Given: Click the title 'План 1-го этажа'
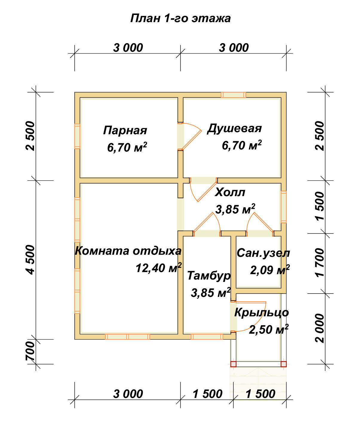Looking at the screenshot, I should click(x=180, y=18).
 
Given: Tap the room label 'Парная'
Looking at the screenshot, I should click(x=125, y=130).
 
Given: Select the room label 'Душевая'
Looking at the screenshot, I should click(x=235, y=128).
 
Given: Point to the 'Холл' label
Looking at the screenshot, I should click(x=230, y=192).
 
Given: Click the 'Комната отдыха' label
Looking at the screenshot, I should click(x=128, y=251).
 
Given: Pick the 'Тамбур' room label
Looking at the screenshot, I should click(x=209, y=275).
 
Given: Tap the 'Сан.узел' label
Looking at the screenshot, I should click(x=263, y=253).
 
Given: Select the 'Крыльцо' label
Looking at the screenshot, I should click(x=261, y=312).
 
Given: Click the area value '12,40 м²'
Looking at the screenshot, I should click(x=159, y=268).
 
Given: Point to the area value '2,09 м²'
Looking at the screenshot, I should click(x=270, y=270).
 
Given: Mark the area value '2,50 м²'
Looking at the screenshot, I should click(x=269, y=329).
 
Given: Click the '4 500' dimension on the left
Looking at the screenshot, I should click(x=30, y=259).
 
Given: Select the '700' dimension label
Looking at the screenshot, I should click(x=30, y=351).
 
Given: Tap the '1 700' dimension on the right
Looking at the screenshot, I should click(x=320, y=263).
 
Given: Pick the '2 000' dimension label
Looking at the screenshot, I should click(x=320, y=328).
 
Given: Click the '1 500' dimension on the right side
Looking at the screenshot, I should click(x=320, y=206).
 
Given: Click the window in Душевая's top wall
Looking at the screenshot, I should click(x=233, y=95).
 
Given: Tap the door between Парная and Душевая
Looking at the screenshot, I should click(x=180, y=136).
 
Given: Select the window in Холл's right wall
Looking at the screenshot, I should click(x=284, y=207).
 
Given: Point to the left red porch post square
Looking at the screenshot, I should click(x=233, y=364).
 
